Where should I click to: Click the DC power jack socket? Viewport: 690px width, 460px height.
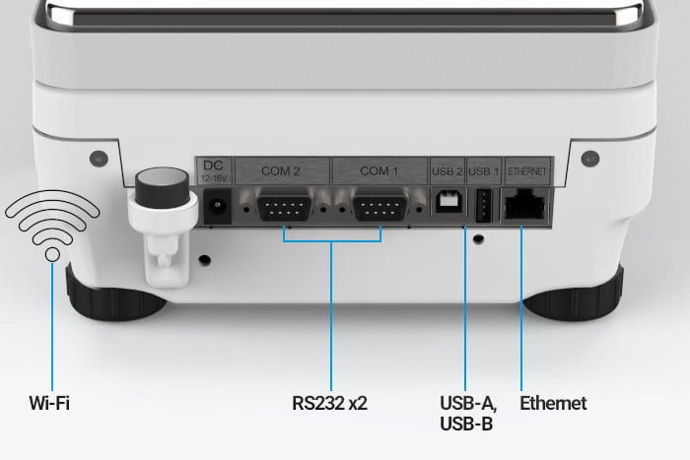(x=217, y=206)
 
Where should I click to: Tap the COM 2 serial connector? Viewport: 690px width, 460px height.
(x=284, y=205)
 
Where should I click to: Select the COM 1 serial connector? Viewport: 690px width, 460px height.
(x=380, y=205)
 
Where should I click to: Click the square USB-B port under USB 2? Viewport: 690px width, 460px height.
(x=448, y=202)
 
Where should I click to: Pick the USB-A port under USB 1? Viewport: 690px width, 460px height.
(x=484, y=205)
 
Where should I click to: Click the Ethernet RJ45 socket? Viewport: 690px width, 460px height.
(x=525, y=205)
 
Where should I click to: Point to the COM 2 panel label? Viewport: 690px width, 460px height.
(x=281, y=170)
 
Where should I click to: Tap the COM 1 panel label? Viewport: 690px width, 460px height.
(x=379, y=170)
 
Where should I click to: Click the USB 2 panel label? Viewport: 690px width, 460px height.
(x=448, y=171)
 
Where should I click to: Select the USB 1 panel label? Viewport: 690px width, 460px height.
(x=484, y=171)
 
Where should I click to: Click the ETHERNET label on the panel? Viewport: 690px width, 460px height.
(x=527, y=171)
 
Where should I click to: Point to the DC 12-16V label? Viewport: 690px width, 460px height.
(x=214, y=170)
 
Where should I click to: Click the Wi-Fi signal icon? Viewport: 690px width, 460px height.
(x=52, y=226)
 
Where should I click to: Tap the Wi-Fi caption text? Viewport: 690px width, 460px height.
(x=49, y=403)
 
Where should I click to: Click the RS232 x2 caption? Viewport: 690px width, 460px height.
(x=329, y=403)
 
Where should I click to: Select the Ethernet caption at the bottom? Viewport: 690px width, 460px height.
(x=553, y=403)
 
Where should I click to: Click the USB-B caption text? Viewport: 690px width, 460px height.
(x=466, y=424)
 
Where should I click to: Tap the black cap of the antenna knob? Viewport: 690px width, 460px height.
(x=162, y=186)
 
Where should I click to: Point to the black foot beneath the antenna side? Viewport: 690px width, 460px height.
(x=115, y=296)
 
